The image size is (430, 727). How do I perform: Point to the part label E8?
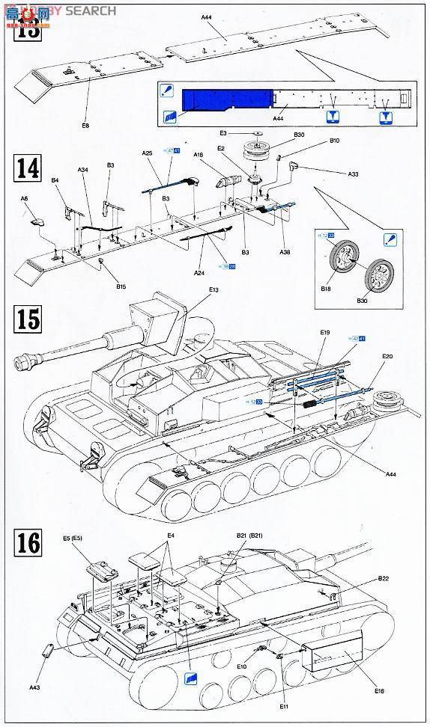click(x=85, y=126)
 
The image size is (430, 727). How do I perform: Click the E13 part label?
click(x=214, y=290)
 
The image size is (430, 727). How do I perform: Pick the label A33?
click(x=353, y=174)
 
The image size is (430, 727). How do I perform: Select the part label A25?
click(x=148, y=154)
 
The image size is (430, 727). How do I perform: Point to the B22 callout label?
click(x=383, y=578)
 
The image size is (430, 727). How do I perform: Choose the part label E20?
click(x=387, y=357)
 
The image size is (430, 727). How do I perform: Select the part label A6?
click(x=24, y=199)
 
